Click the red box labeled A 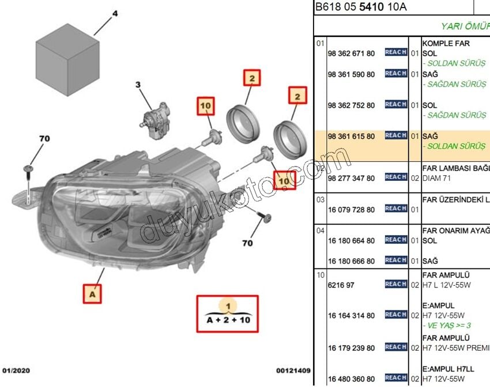pyautogui.click(x=92, y=294)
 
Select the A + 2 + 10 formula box pyautogui.click(x=228, y=314)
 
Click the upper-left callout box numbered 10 pyautogui.click(x=206, y=106)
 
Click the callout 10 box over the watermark pyautogui.click(x=284, y=181)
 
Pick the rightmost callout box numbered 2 pyautogui.click(x=297, y=96)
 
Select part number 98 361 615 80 pyautogui.click(x=350, y=137)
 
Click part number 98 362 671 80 pyautogui.click(x=350, y=53)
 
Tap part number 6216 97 pyautogui.click(x=341, y=285)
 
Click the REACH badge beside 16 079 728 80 pyautogui.click(x=396, y=209)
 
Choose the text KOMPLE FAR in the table pyautogui.click(x=446, y=43)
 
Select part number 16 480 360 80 pyautogui.click(x=350, y=378)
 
